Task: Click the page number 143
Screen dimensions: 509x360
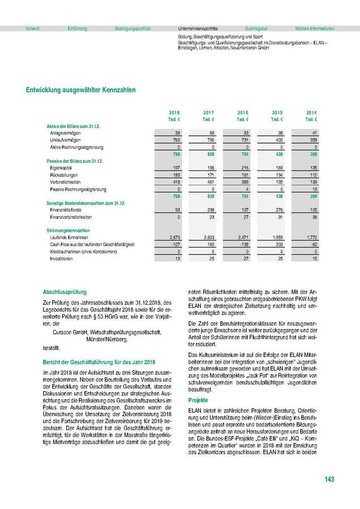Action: click(x=329, y=479)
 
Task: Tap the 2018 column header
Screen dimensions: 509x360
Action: click(x=174, y=113)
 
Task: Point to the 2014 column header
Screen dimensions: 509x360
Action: click(x=311, y=113)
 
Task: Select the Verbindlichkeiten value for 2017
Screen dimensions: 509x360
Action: click(x=209, y=182)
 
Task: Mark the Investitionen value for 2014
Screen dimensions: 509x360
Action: click(x=313, y=258)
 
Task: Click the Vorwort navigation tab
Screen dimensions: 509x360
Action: click(x=33, y=28)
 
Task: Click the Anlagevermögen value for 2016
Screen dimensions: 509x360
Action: click(x=244, y=132)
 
